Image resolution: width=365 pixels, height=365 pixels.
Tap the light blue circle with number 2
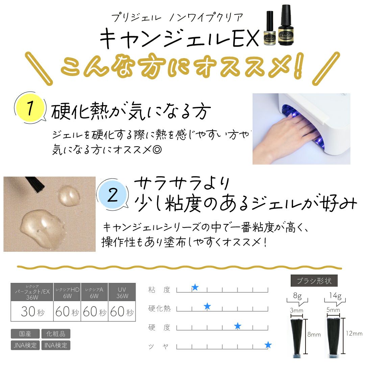pyautogui.click(x=113, y=196)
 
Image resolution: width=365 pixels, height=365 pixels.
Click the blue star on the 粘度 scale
pyautogui.click(x=195, y=288)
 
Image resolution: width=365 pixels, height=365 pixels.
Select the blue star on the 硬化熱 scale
pyautogui.click(x=207, y=307)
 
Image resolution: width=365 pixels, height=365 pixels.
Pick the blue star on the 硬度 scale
pyautogui.click(x=238, y=326)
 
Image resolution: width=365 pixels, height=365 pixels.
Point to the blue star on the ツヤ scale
pyautogui.click(x=268, y=345)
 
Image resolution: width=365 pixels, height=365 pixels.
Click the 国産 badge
pyautogui.click(x=25, y=334)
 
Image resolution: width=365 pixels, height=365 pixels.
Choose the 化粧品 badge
pyautogui.click(x=56, y=334)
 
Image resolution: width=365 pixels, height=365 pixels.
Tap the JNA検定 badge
pyautogui.click(x=25, y=345)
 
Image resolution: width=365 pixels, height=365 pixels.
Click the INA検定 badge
pyautogui.click(x=56, y=345)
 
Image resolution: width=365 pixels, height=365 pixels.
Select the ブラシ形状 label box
pyautogui.click(x=314, y=281)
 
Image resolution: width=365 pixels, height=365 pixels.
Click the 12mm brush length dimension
pyautogui.click(x=354, y=334)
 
